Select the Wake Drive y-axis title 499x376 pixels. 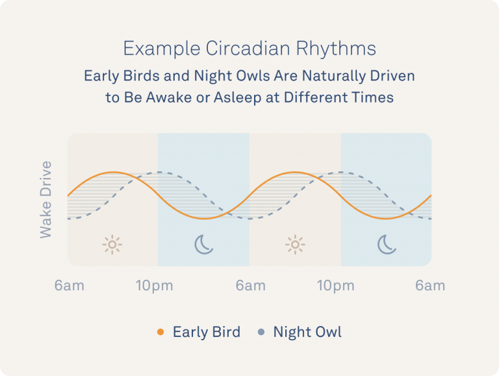click(x=45, y=199)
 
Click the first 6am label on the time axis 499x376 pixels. click(x=70, y=286)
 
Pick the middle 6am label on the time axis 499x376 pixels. click(x=250, y=286)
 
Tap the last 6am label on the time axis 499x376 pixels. click(x=430, y=286)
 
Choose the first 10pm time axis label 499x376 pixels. click(x=154, y=286)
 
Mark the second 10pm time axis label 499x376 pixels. click(x=336, y=286)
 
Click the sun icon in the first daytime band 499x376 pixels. click(x=112, y=244)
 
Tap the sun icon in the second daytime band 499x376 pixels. click(x=295, y=244)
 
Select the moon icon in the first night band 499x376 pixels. click(x=204, y=244)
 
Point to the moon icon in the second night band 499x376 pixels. click(x=387, y=244)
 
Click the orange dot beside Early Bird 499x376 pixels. click(x=160, y=332)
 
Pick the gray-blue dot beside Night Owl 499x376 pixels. click(x=261, y=332)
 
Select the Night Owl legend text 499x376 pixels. click(x=307, y=332)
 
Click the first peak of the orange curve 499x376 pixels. click(x=113, y=172)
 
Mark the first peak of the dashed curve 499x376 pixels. click(x=159, y=173)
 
